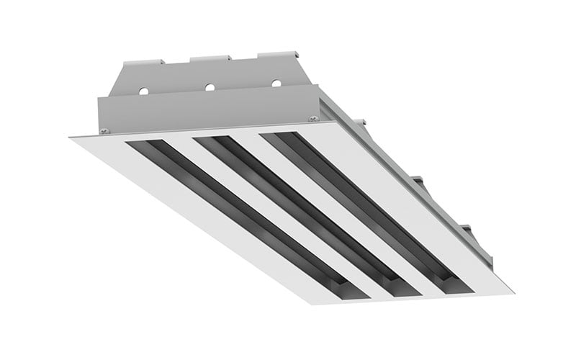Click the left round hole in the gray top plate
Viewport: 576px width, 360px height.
(x=143, y=91)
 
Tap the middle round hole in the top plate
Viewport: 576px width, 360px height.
(x=210, y=87)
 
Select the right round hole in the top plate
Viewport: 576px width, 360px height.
(x=276, y=83)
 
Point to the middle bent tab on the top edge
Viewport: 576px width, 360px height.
(x=210, y=58)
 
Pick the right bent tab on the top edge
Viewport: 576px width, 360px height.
(x=277, y=54)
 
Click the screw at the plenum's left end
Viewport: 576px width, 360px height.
(x=104, y=131)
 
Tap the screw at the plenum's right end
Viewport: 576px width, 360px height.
(x=314, y=118)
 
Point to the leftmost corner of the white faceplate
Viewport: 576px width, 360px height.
(x=71, y=138)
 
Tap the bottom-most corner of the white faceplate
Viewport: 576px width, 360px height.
(x=312, y=303)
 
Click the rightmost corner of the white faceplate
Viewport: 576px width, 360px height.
(x=513, y=292)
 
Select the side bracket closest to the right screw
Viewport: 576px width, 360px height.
(x=359, y=122)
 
